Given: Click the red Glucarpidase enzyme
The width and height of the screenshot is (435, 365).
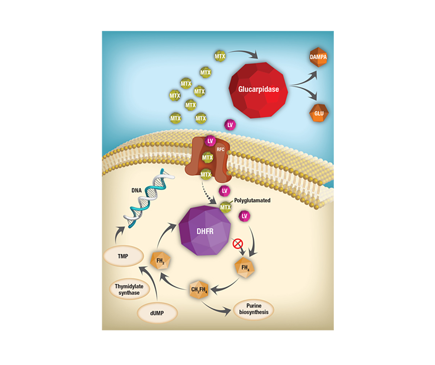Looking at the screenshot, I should click(x=259, y=89).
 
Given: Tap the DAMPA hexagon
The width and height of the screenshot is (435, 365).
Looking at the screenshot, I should click(x=319, y=58).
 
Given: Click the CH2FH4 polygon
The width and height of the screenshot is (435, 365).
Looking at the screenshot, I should click(x=199, y=290).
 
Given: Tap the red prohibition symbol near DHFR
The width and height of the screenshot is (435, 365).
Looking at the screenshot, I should click(x=237, y=244).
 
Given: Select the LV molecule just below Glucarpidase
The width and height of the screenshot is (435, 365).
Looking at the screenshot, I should click(x=230, y=125).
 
